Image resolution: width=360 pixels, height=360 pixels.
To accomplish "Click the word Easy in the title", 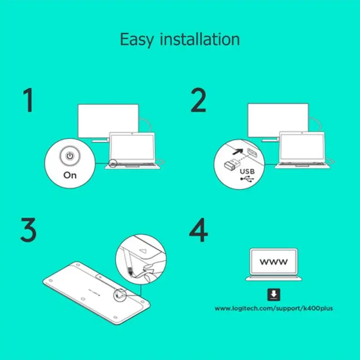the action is pyautogui.click(x=137, y=40).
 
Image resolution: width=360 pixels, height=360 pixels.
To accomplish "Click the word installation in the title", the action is pyautogui.click(x=200, y=39).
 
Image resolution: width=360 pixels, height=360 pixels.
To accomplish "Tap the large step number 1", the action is pyautogui.click(x=28, y=100).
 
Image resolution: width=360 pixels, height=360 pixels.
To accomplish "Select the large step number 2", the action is pyautogui.click(x=198, y=100).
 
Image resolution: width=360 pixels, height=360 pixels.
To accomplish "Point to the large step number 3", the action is pyautogui.click(x=28, y=229).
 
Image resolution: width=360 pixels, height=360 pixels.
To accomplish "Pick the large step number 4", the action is pyautogui.click(x=198, y=230).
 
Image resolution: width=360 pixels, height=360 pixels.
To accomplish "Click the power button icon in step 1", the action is pyautogui.click(x=70, y=156).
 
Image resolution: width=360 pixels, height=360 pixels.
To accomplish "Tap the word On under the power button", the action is pyautogui.click(x=70, y=175).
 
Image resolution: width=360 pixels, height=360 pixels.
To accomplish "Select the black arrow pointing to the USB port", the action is pyautogui.click(x=238, y=152).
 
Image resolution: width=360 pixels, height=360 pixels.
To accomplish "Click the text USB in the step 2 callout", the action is pyautogui.click(x=247, y=171).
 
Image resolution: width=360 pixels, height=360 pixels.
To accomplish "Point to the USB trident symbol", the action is pyautogui.click(x=247, y=179).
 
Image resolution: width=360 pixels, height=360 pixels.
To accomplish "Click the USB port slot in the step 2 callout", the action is pyautogui.click(x=252, y=153).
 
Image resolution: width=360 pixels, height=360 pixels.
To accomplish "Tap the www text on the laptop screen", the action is pyautogui.click(x=274, y=261).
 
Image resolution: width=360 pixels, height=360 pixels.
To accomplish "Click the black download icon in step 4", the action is pyautogui.click(x=274, y=294).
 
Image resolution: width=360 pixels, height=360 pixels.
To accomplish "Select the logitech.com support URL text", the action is pyautogui.click(x=274, y=308).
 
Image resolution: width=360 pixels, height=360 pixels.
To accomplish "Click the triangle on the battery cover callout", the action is pyautogui.click(x=143, y=250).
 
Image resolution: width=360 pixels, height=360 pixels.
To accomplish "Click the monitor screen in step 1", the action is pyautogui.click(x=108, y=121).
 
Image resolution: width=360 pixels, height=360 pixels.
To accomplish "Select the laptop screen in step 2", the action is pyautogui.click(x=302, y=147).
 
